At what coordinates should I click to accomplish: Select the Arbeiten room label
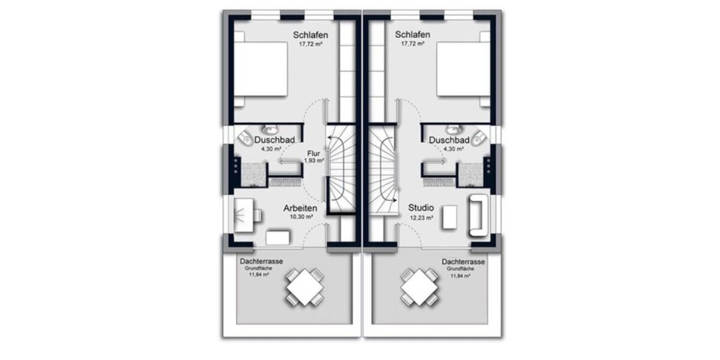[300, 208]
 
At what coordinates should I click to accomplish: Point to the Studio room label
[421, 208]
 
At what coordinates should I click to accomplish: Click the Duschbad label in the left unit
[274, 140]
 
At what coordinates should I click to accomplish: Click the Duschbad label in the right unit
[449, 140]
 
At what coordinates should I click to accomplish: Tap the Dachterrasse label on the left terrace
[261, 262]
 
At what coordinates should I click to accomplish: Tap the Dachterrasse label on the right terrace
[463, 262]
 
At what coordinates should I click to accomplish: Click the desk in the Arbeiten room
[247, 214]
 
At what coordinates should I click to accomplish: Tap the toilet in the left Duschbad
[245, 138]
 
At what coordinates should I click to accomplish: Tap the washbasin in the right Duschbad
[452, 129]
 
